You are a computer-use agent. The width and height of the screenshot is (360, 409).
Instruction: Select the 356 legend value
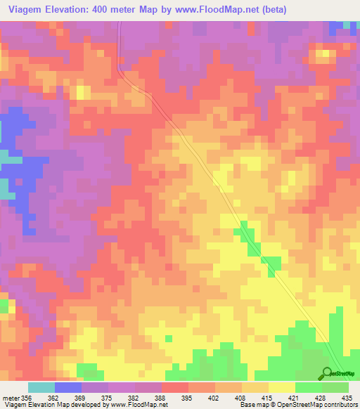26,397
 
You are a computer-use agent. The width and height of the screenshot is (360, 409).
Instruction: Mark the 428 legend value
323,397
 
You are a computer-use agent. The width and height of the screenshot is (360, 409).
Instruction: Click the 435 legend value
347,397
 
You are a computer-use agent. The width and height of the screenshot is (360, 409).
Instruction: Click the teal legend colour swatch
41,387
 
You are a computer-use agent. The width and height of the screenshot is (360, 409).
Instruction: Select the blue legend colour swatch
68,387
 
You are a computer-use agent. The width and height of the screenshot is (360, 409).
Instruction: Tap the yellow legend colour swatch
282,387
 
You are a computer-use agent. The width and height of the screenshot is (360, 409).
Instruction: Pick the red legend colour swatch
175,387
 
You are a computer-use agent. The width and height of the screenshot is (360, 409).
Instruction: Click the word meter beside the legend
10,397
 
